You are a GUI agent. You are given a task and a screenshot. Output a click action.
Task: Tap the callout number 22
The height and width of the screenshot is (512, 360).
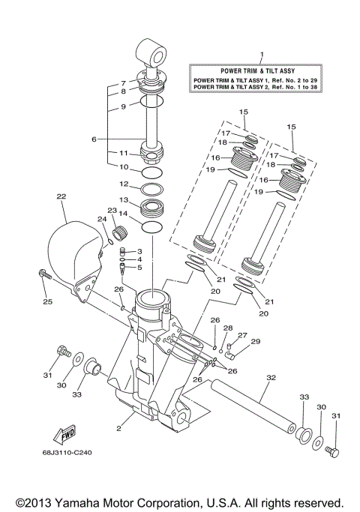[x=61, y=196]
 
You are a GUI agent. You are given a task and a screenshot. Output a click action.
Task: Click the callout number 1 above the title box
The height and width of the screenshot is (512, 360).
[x=262, y=54]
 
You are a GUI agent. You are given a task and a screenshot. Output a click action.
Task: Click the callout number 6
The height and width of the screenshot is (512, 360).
[x=94, y=139]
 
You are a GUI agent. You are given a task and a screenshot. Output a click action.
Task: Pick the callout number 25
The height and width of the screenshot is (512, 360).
[x=46, y=302]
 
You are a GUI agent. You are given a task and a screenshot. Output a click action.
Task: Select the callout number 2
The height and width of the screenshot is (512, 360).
[x=118, y=428]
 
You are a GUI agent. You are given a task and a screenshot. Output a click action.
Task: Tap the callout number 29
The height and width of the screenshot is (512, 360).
[x=255, y=342]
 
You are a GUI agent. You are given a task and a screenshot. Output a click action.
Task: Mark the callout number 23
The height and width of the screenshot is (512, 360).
[x=112, y=211]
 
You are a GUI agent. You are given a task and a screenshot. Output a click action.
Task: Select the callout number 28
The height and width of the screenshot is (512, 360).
[x=228, y=328]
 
